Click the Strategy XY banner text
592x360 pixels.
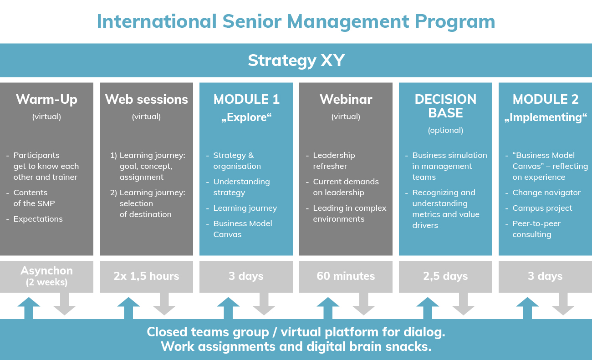tap(296, 61)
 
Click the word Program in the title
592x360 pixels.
tap(455, 22)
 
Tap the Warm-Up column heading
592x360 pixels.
tap(46, 100)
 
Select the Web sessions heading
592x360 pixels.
tap(147, 99)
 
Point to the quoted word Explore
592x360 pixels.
tap(246, 117)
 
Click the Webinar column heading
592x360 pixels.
tap(346, 99)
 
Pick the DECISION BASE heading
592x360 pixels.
tap(445, 106)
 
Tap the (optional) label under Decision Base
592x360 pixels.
tap(445, 130)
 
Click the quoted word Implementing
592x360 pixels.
tap(546, 117)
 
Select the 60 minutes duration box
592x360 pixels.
tap(346, 277)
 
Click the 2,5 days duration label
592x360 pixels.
tap(445, 276)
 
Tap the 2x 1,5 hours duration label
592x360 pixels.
tap(147, 276)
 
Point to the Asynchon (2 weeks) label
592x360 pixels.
tap(46, 276)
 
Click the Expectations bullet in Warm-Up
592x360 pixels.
tap(38, 219)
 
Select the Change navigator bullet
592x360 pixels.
tap(546, 193)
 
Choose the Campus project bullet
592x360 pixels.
tap(542, 208)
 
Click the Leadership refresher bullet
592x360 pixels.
tap(334, 161)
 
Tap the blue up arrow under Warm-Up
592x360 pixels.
tap(29, 308)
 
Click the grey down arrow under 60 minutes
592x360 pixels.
tap(364, 304)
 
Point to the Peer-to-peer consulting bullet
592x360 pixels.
tap(536, 229)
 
